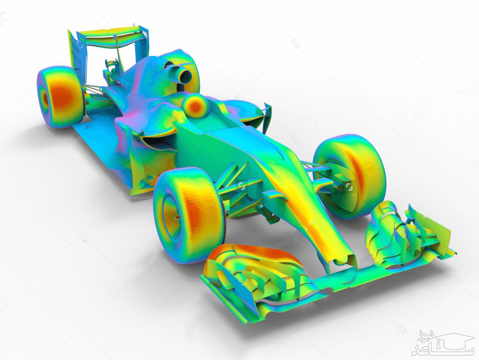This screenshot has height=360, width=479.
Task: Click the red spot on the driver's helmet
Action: point(195,106)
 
